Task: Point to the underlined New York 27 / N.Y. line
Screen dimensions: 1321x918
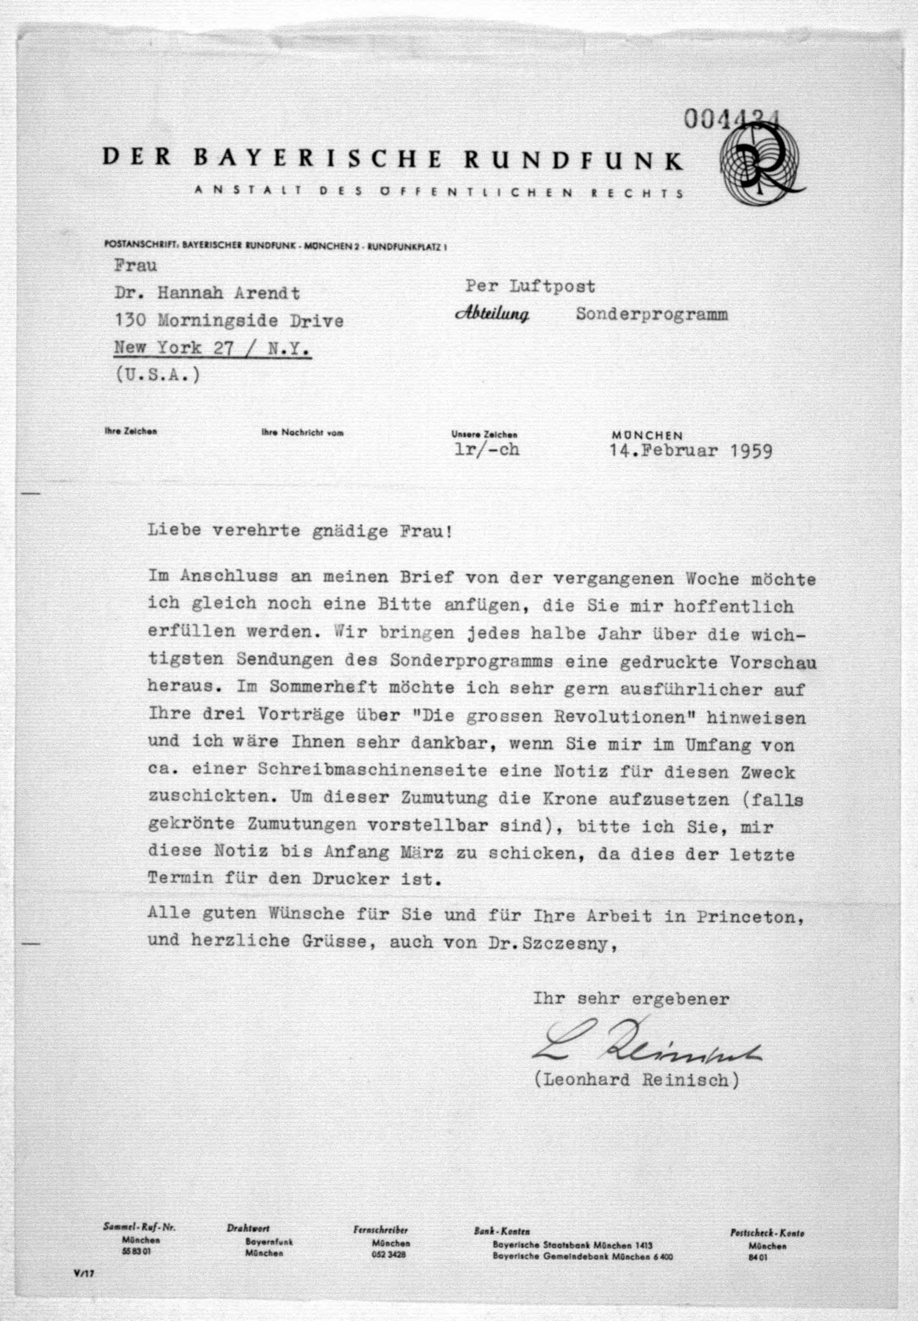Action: [213, 348]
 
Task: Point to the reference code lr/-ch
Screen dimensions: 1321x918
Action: [487, 449]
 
